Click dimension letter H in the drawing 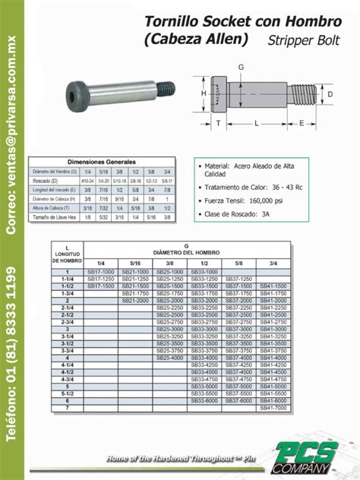(x=204, y=93)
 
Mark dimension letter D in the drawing (x=330, y=94)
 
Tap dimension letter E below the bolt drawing (x=302, y=122)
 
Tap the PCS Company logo (x=315, y=456)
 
